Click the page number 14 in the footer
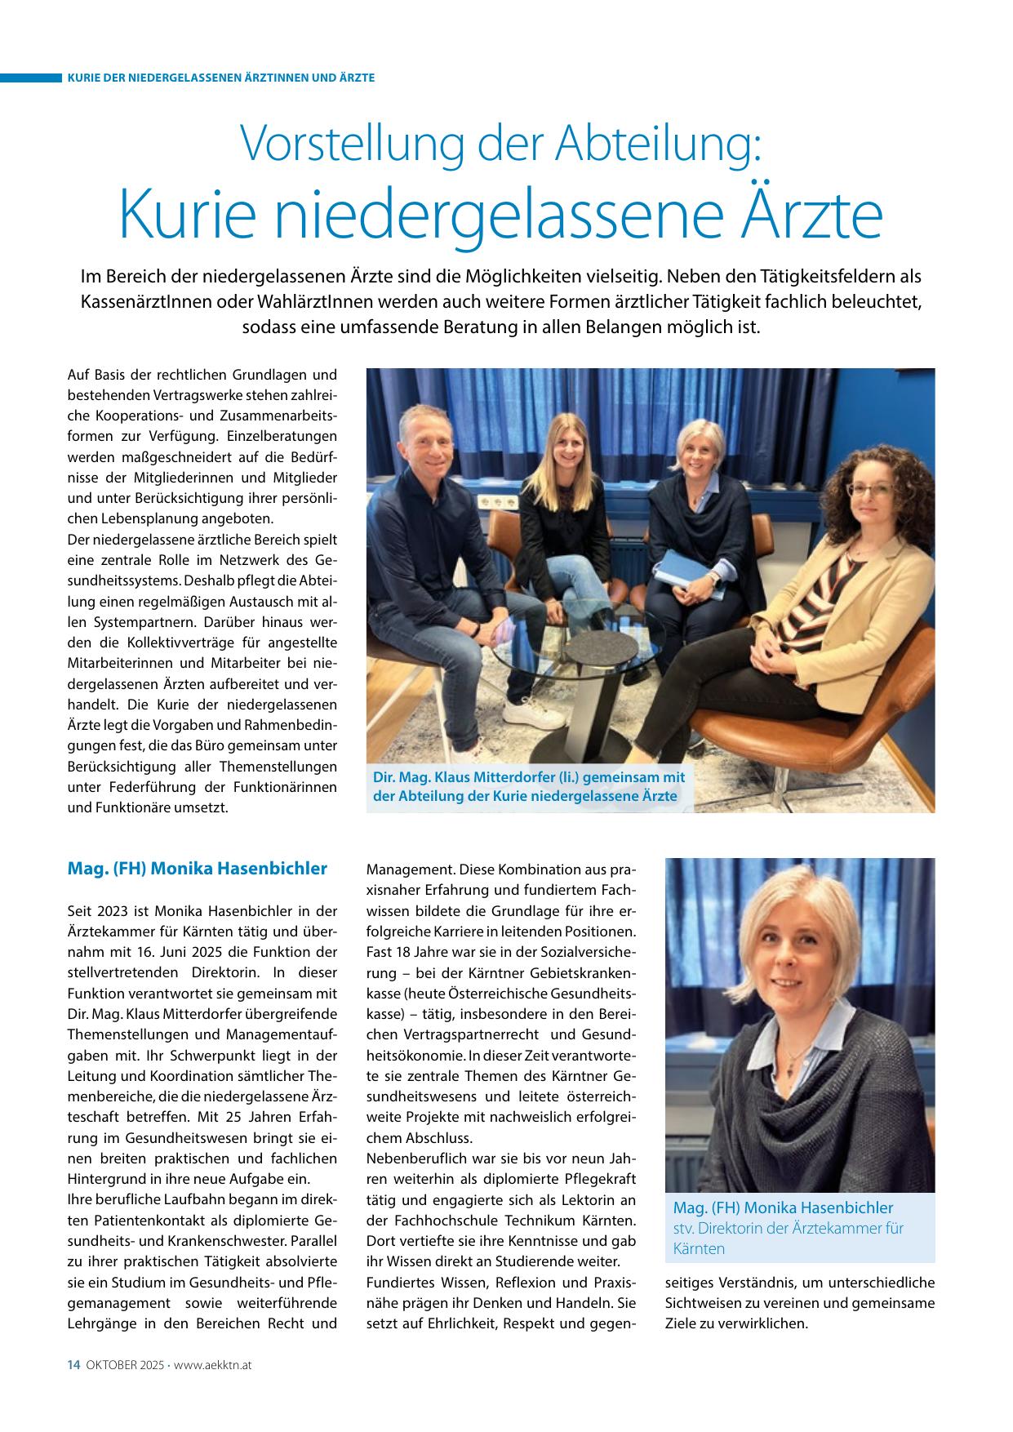[x=73, y=1365]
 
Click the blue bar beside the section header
[x=31, y=78]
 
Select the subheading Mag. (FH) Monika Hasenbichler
[x=197, y=868]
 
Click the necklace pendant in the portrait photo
[x=789, y=1062]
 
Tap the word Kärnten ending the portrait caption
[x=699, y=1249]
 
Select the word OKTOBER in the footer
[x=109, y=1365]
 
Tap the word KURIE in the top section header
[x=84, y=78]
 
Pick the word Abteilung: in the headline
[x=657, y=145]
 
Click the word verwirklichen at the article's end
[x=759, y=1323]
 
